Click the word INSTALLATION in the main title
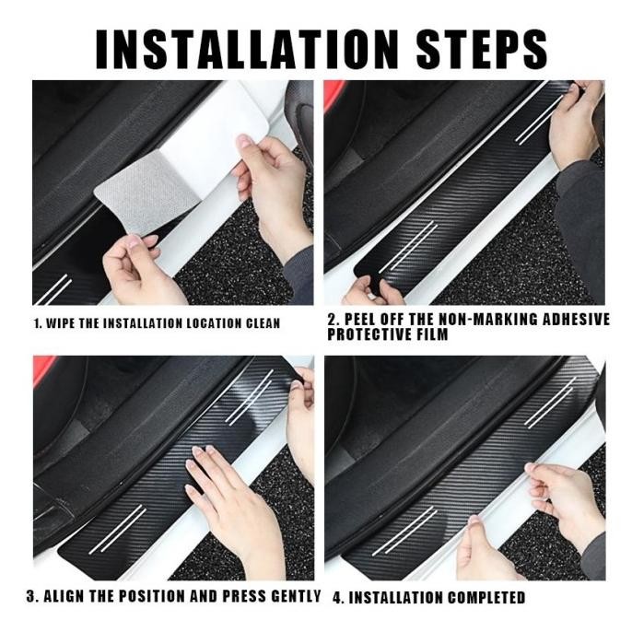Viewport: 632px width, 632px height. pyautogui.click(x=247, y=49)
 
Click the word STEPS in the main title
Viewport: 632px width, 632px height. pyautogui.click(x=481, y=49)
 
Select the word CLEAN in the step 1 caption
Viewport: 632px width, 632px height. pyautogui.click(x=263, y=323)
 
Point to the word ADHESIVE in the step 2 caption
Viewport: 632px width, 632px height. pyautogui.click(x=576, y=319)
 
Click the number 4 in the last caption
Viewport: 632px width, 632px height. pyautogui.click(x=337, y=597)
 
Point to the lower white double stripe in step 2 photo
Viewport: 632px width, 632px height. pyautogui.click(x=408, y=246)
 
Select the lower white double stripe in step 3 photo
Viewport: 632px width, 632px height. pyautogui.click(x=117, y=529)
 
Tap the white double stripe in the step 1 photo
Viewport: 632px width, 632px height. pyautogui.click(x=53, y=289)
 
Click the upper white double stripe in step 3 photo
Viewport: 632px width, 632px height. pyautogui.click(x=250, y=396)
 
